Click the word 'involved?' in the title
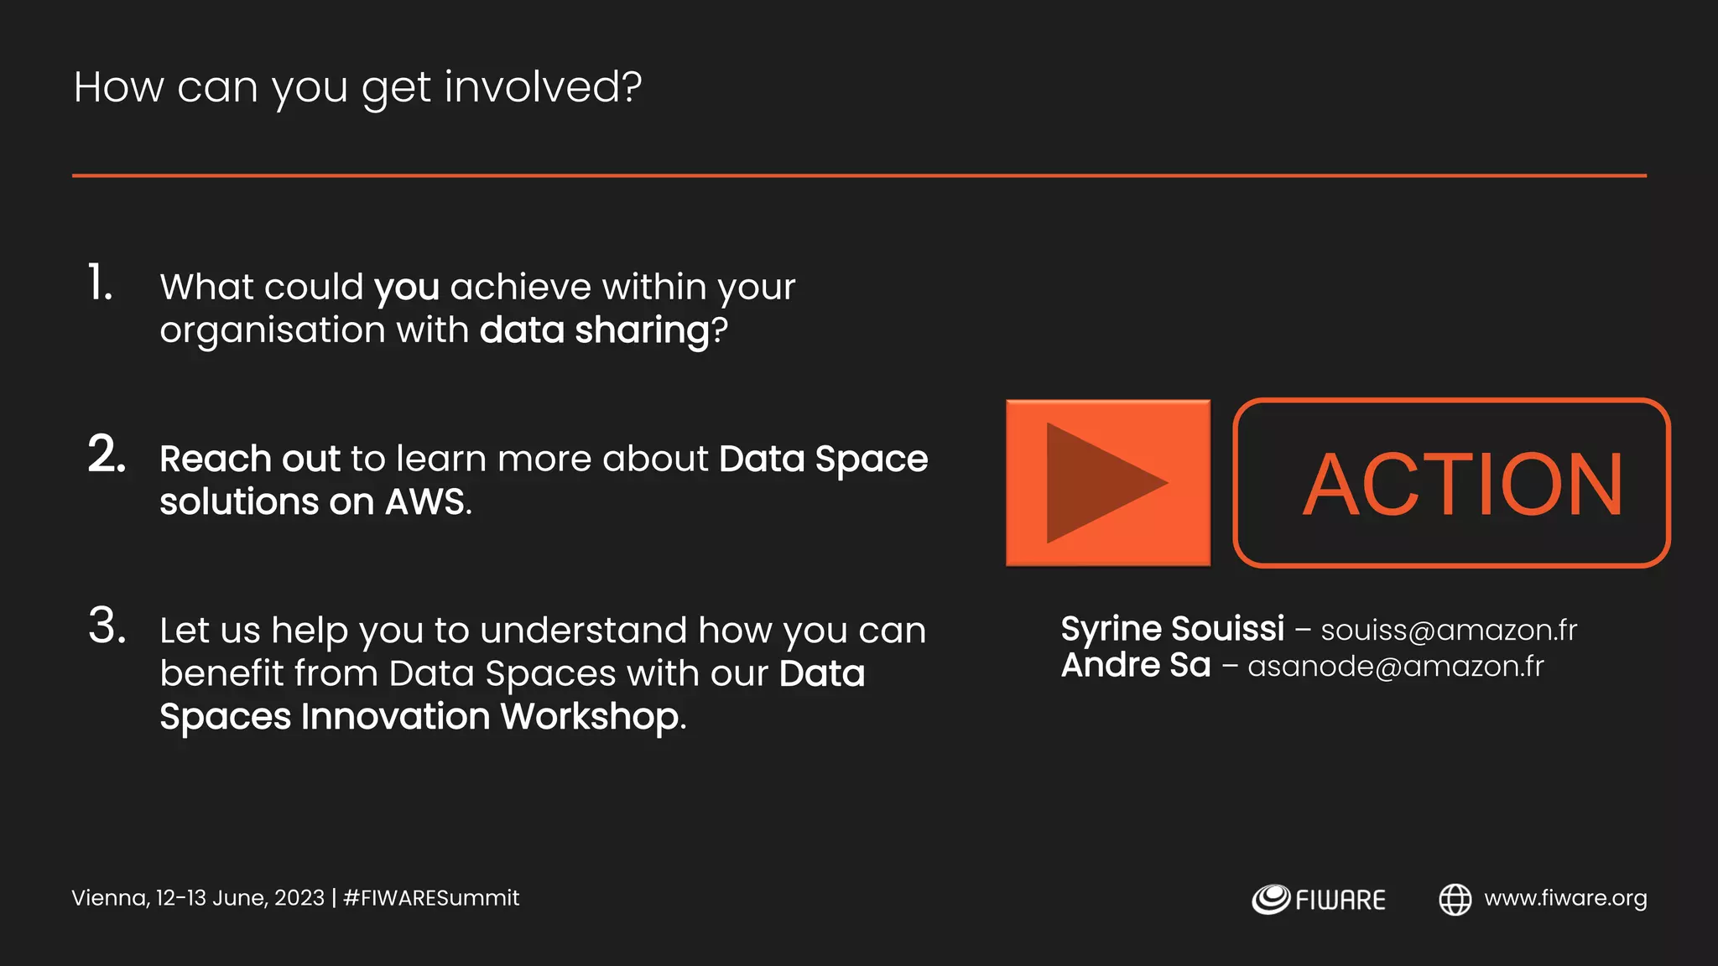(543, 87)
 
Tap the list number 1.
(100, 283)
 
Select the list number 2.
(107, 454)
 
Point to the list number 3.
(107, 626)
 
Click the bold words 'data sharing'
(594, 330)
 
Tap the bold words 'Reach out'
(250, 460)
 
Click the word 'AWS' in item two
(424, 502)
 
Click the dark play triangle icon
(1101, 483)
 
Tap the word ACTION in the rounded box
(1462, 484)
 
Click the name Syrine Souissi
(1172, 629)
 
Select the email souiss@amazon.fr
(1449, 631)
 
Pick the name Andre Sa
(1136, 666)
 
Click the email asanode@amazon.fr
(1395, 667)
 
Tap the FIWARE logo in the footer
(1319, 900)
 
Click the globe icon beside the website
(1455, 900)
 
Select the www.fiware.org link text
(1565, 898)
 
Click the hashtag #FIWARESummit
(431, 898)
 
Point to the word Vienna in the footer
(109, 898)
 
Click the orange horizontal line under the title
(859, 175)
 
